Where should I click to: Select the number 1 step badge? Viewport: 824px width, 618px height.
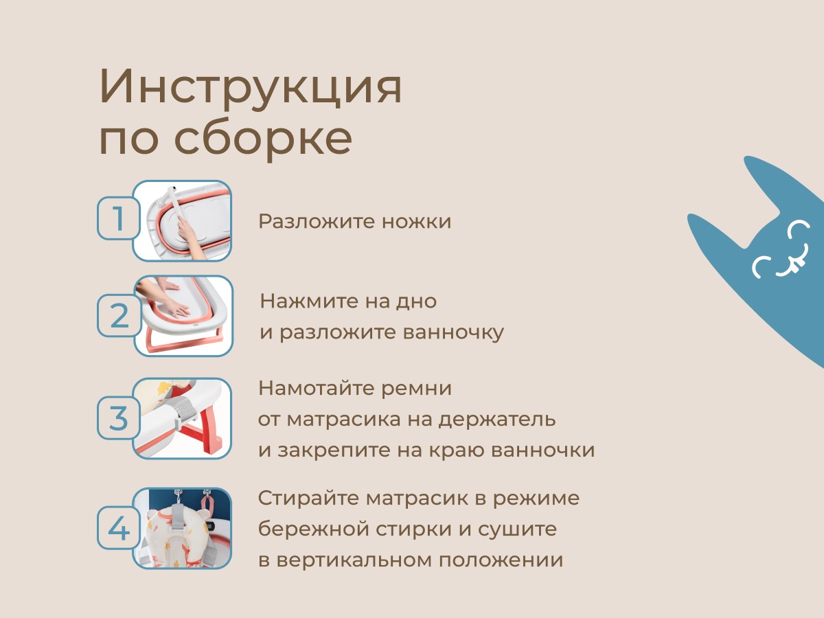pos(118,218)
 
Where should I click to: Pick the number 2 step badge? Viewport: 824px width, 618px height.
pos(118,316)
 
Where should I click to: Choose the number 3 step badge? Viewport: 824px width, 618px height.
pos(118,417)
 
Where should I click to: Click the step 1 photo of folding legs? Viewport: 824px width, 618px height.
pos(183,221)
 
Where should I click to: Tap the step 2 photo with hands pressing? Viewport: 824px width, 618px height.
pos(183,316)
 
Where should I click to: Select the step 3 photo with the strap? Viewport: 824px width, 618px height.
pos(183,418)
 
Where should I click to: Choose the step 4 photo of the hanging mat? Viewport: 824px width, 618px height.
pos(183,528)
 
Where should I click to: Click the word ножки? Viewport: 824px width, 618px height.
pos(417,221)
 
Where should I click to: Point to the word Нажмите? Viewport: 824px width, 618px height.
pos(309,301)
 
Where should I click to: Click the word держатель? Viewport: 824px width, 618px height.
pos(497,420)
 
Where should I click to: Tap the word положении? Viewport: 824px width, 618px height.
pos(501,560)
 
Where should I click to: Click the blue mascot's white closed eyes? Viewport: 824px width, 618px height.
pos(780,250)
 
